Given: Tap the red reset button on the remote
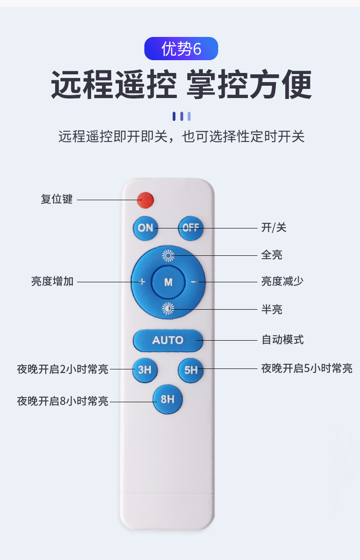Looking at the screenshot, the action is tap(145, 200).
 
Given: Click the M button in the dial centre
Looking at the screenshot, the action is tap(169, 282).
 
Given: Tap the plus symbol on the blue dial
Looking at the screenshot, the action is tap(142, 282).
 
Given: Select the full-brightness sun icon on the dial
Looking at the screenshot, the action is tap(168, 255).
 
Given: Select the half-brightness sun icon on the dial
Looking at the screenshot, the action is tap(168, 309).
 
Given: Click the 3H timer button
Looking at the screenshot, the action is tap(144, 370).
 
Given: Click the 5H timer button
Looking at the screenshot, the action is tap(191, 370).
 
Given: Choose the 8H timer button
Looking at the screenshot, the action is tap(168, 399).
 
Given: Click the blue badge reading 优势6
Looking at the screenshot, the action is tap(181, 48).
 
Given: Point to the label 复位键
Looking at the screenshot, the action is tap(57, 199).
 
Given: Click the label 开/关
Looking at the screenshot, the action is tap(273, 228).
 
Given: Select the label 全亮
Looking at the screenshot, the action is tap(272, 255).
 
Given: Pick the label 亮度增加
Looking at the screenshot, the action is tap(52, 281).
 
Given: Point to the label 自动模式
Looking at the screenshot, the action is tap(283, 340).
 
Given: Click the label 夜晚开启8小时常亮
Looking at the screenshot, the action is tap(63, 401).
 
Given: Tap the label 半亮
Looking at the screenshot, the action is tap(272, 310).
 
